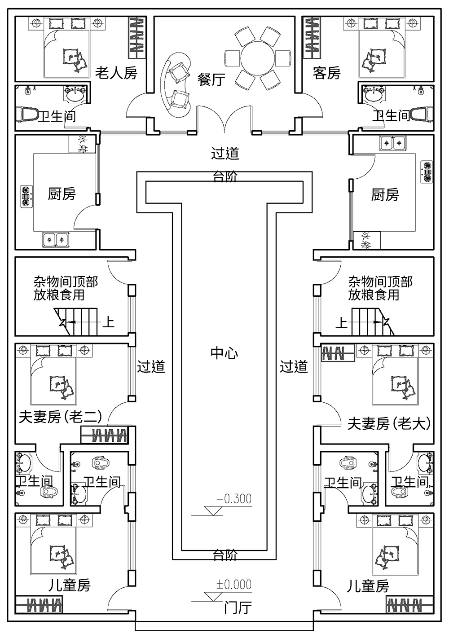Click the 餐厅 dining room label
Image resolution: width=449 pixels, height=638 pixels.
pyautogui.click(x=211, y=80)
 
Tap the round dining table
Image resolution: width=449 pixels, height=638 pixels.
pyautogui.click(x=257, y=57)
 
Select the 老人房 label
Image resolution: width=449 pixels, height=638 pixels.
pyautogui.click(x=116, y=72)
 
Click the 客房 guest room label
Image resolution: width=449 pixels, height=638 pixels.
pyautogui.click(x=327, y=72)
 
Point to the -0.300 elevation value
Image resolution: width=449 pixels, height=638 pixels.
pyautogui.click(x=234, y=499)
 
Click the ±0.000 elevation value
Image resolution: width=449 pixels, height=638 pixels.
pyautogui.click(x=234, y=584)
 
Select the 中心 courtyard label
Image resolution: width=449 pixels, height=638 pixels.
pyautogui.click(x=224, y=353)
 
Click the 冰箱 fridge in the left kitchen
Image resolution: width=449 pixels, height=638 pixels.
pyautogui.click(x=82, y=144)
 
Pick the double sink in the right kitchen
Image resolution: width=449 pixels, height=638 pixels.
pyautogui.click(x=393, y=143)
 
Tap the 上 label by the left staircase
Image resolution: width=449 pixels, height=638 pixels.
pyautogui.click(x=109, y=322)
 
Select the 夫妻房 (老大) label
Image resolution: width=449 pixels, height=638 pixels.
pyautogui.click(x=389, y=423)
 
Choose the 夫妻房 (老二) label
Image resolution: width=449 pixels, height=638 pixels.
pyautogui.click(x=60, y=418)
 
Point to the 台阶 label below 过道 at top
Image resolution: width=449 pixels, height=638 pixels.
pyautogui.click(x=225, y=177)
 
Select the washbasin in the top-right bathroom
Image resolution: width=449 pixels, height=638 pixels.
pyautogui.click(x=374, y=95)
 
